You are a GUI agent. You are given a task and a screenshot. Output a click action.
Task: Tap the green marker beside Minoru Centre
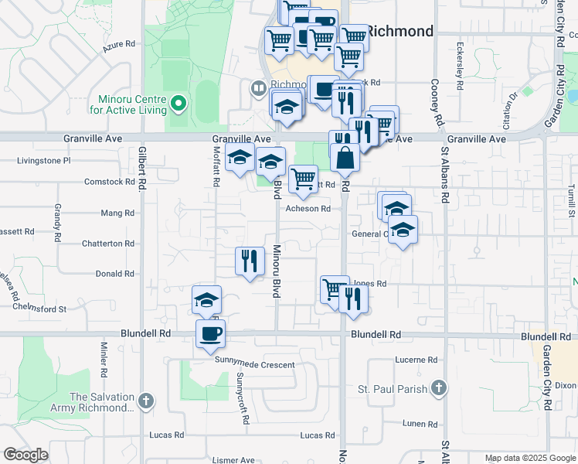tap(178, 103)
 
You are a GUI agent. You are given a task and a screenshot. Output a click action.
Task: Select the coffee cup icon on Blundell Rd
tap(210, 334)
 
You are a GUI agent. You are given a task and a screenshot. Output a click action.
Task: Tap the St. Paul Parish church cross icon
tap(438, 388)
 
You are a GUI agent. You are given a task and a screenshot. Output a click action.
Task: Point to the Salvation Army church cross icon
tap(147, 401)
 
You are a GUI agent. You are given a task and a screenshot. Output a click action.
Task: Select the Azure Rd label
tap(119, 48)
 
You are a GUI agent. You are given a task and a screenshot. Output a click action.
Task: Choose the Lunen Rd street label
tap(420, 424)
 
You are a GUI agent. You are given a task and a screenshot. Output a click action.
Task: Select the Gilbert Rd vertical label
tap(143, 170)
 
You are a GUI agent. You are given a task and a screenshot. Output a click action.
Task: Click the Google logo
tap(25, 455)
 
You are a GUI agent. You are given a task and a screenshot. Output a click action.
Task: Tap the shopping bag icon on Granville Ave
tap(345, 157)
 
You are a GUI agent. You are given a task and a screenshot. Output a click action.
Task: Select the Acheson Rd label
tap(308, 209)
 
